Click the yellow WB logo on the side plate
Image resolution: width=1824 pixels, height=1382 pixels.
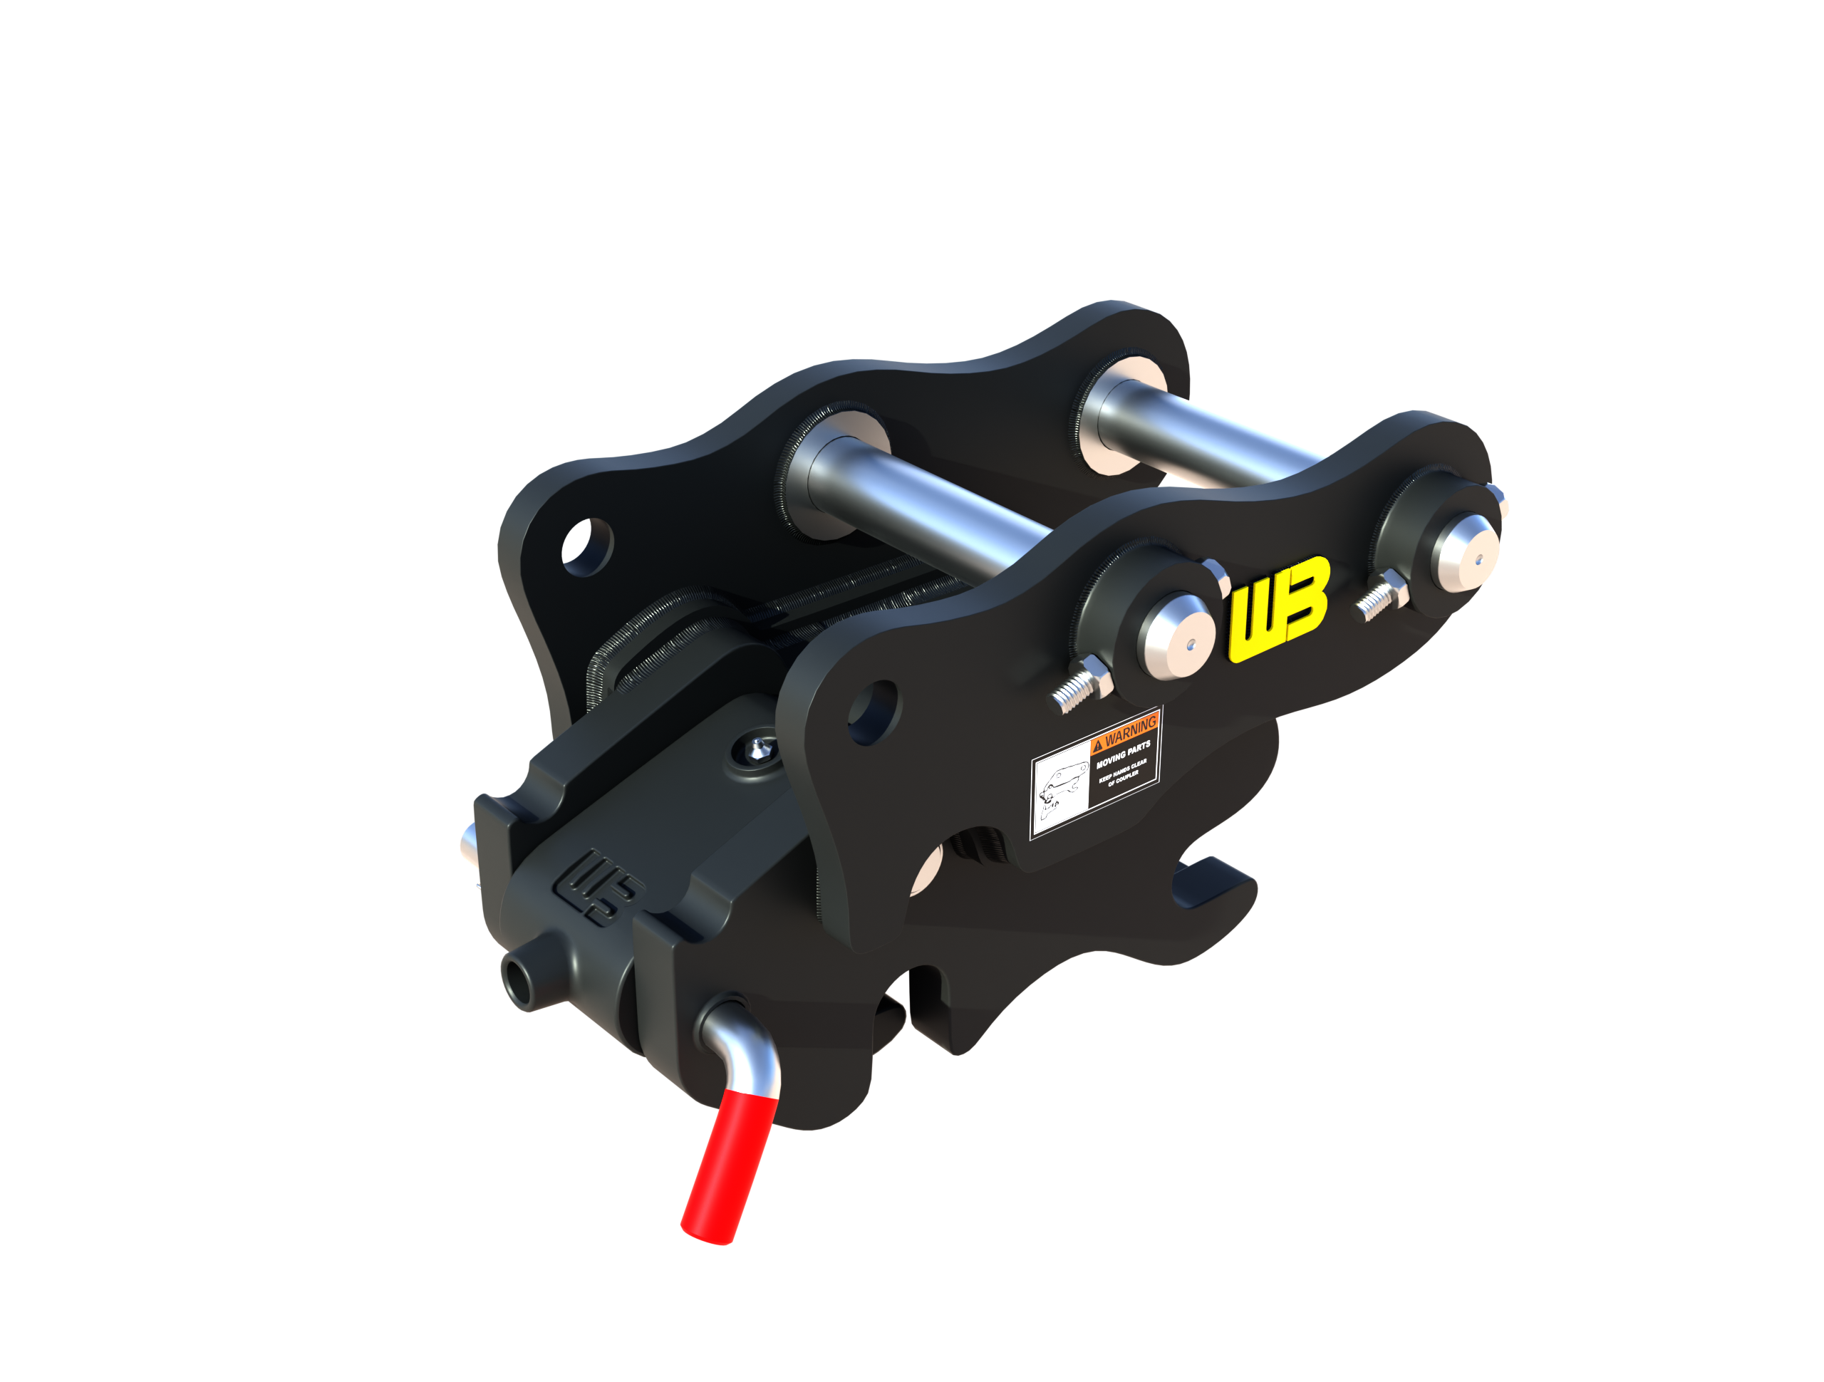point(1279,608)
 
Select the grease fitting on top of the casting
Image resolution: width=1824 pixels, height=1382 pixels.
point(757,748)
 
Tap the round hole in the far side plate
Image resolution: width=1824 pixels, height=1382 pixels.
point(588,546)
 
